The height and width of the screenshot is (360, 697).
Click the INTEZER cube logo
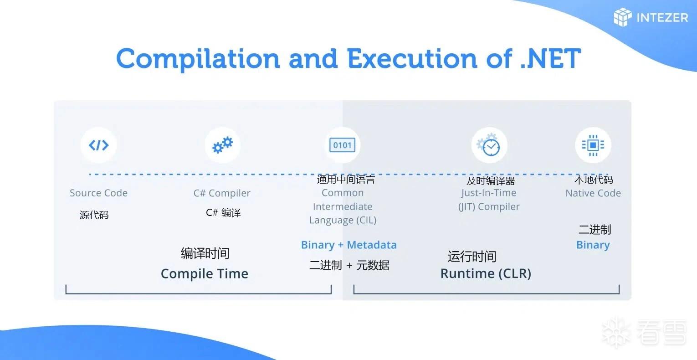pyautogui.click(x=623, y=17)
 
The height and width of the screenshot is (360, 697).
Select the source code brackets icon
pyautogui.click(x=99, y=145)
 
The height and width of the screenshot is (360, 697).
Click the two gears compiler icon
pyautogui.click(x=222, y=145)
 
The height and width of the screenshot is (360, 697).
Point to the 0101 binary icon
pyautogui.click(x=342, y=145)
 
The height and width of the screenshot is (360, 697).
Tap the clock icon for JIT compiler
pyautogui.click(x=489, y=145)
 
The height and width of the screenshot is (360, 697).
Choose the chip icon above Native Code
pyautogui.click(x=593, y=145)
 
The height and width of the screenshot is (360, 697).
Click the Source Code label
pyautogui.click(x=99, y=193)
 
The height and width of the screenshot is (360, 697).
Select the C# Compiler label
pyautogui.click(x=222, y=193)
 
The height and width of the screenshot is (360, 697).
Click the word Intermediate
pyautogui.click(x=343, y=206)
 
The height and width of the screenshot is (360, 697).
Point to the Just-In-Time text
pyautogui.click(x=489, y=193)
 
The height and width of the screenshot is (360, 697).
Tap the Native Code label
pyautogui.click(x=593, y=193)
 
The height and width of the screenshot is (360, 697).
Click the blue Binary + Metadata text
pyautogui.click(x=349, y=245)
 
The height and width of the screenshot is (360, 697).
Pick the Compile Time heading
pyautogui.click(x=205, y=274)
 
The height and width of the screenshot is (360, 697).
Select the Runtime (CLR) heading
pyautogui.click(x=486, y=273)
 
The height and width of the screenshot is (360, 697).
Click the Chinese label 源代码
pyautogui.click(x=94, y=215)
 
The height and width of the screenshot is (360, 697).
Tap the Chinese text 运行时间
pyautogui.click(x=472, y=257)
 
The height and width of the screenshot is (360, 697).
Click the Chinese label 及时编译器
pyautogui.click(x=491, y=180)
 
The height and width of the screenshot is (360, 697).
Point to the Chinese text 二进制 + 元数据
pyautogui.click(x=349, y=265)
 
